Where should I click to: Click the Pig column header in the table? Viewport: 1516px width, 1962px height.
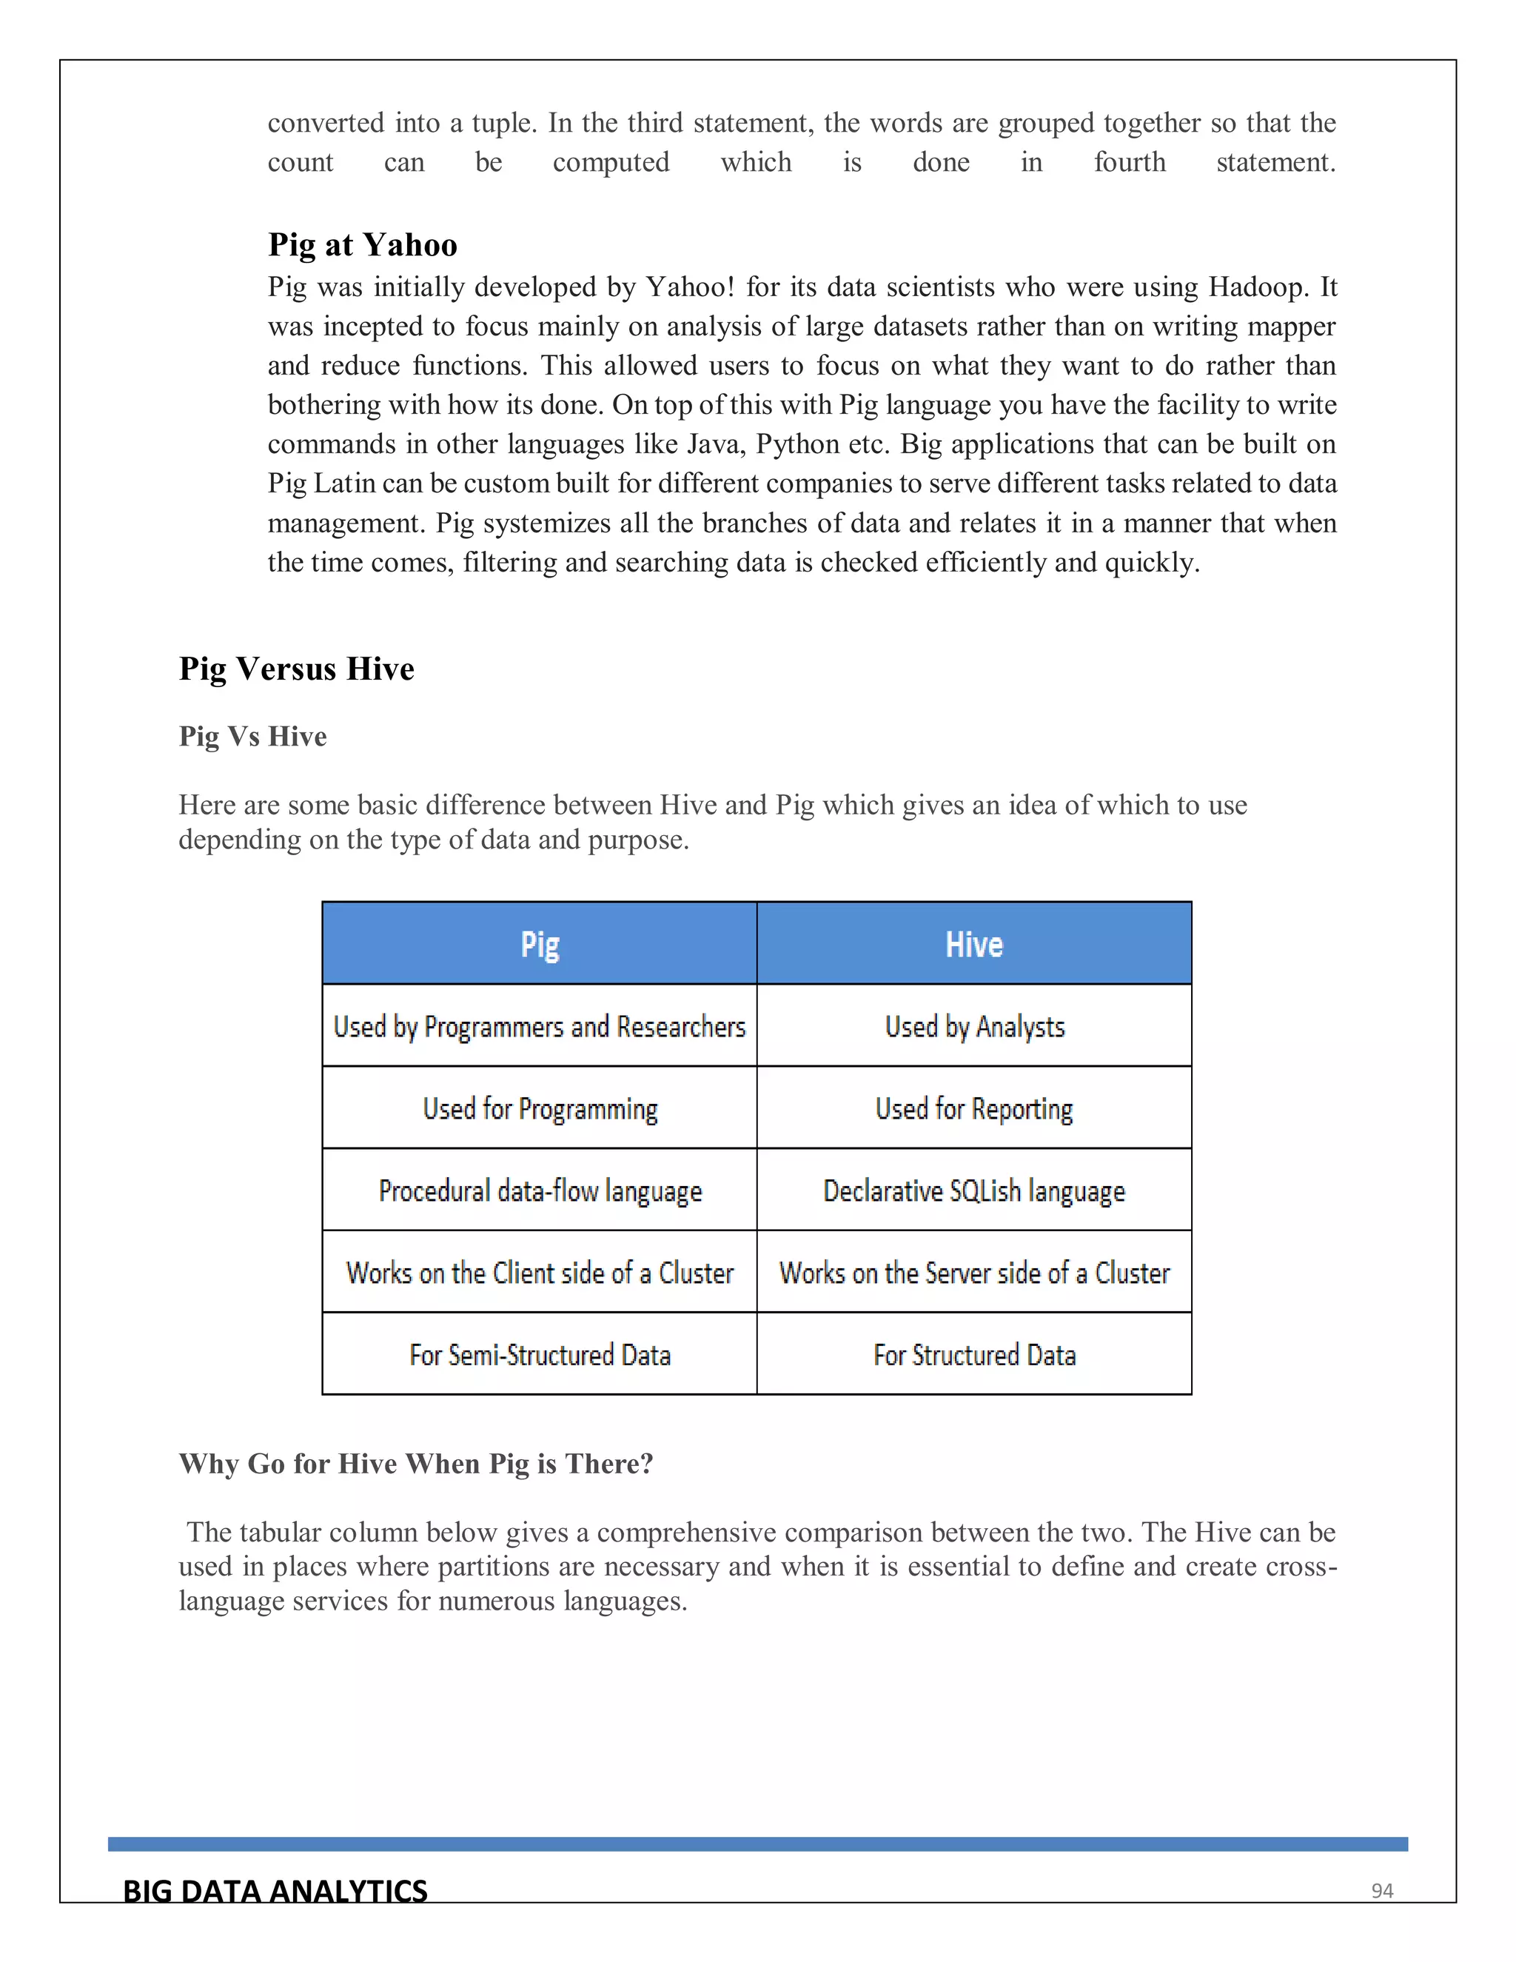coord(540,944)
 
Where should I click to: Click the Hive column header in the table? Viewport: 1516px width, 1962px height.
coord(973,944)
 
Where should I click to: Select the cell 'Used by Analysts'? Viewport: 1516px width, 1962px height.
coord(974,1027)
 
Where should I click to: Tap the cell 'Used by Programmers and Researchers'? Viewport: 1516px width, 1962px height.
coord(540,1027)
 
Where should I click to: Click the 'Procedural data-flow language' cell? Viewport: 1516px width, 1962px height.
coord(540,1191)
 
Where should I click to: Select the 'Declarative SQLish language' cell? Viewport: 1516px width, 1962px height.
coord(974,1191)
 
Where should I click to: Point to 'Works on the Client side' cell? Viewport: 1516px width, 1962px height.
coord(540,1273)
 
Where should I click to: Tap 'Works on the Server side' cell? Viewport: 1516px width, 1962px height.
coord(974,1273)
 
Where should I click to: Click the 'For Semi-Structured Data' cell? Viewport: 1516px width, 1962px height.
coord(540,1355)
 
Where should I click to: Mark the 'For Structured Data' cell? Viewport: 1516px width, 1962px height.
coord(974,1355)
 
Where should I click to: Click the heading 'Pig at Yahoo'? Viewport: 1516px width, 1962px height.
coord(363,245)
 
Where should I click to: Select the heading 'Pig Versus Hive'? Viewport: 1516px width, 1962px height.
coord(296,669)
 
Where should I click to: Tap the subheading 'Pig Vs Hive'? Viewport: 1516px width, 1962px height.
coord(252,737)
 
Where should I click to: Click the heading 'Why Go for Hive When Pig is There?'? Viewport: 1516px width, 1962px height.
coord(416,1464)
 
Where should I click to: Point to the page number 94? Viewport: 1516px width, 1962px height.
coord(1382,1891)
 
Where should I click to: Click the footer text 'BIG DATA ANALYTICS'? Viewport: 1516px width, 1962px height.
coord(275,1891)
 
